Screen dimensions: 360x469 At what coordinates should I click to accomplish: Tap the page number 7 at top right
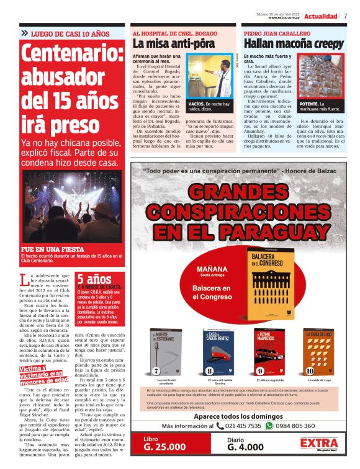pyautogui.click(x=344, y=16)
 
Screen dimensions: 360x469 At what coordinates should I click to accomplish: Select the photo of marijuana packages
pyautogui.click(x=322, y=76)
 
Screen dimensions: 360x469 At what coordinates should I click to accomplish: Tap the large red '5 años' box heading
pyautogui.click(x=94, y=279)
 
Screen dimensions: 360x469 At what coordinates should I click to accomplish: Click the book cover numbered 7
pyautogui.click(x=166, y=352)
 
